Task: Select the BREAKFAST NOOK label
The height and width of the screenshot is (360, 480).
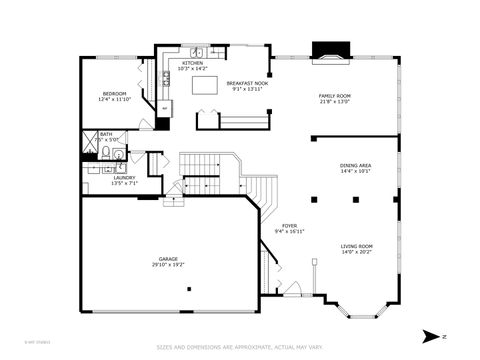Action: coord(246,83)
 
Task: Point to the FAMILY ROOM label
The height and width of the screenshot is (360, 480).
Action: coord(334,95)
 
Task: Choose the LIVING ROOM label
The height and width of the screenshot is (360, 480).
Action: coord(356,246)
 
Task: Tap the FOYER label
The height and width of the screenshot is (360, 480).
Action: coord(289,226)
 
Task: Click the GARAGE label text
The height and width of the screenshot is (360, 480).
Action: coord(167,259)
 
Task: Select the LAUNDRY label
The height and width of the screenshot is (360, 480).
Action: coord(123,177)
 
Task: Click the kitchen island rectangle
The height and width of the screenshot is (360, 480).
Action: coord(204,87)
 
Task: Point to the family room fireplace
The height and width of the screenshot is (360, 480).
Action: coord(327,51)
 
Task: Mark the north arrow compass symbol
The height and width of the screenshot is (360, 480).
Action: coord(429,335)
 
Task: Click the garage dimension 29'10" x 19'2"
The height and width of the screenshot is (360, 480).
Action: coord(167,265)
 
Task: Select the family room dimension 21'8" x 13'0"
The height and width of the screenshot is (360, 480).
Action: coord(334,101)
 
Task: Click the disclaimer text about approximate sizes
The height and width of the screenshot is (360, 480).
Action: coord(240,348)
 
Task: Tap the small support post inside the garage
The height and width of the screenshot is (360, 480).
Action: coord(189,289)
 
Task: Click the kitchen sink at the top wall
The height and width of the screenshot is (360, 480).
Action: coord(198,51)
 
